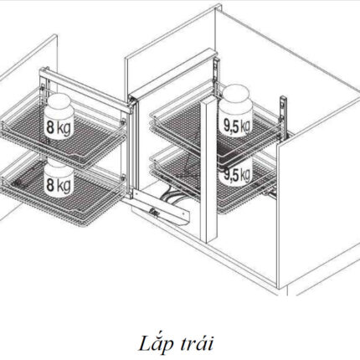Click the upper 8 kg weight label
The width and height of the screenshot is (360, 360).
tap(59, 128)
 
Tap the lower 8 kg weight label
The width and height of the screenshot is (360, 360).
tap(59, 184)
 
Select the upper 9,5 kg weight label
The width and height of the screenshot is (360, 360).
tap(237, 126)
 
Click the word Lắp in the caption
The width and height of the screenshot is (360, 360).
tap(152, 344)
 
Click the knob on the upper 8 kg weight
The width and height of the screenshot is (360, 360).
tap(59, 99)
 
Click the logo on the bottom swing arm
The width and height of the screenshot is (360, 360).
tap(152, 209)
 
